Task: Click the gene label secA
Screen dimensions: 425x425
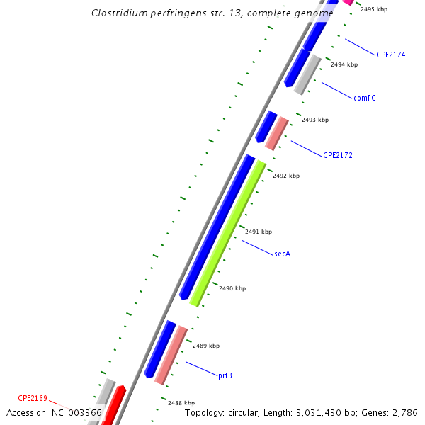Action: [x=282, y=254]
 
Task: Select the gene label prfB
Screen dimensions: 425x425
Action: [x=225, y=375]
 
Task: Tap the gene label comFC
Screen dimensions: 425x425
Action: [x=364, y=98]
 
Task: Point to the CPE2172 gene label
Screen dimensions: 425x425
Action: [x=338, y=155]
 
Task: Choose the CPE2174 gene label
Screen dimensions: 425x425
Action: [x=391, y=55]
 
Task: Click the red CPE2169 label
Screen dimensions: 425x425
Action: [x=33, y=398]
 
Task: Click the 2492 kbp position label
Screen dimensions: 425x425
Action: [x=286, y=176]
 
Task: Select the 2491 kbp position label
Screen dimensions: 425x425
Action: [x=259, y=232]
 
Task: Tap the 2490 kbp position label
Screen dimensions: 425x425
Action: [x=232, y=288]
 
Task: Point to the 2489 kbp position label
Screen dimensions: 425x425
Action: [x=206, y=346]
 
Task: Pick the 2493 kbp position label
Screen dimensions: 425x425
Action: [x=315, y=120]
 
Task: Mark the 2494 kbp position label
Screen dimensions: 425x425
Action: [x=344, y=64]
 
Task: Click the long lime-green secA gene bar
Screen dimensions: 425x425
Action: [x=227, y=234]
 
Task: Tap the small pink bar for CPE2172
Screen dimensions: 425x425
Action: [x=276, y=133]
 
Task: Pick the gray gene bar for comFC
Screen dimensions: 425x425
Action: [x=307, y=75]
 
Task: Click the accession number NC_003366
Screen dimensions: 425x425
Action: [x=75, y=412]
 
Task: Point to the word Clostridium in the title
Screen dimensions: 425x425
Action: [x=120, y=13]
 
